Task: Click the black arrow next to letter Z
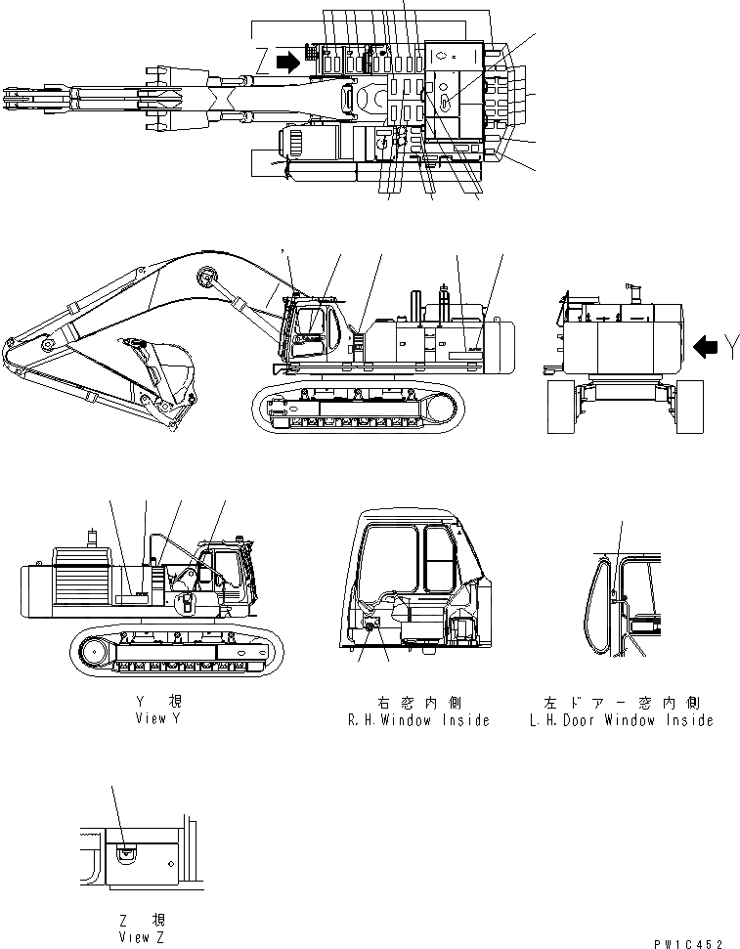point(288,63)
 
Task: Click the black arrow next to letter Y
point(704,345)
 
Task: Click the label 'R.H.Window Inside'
point(417,720)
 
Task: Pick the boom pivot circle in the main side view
point(205,278)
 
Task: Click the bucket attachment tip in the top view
point(20,96)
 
